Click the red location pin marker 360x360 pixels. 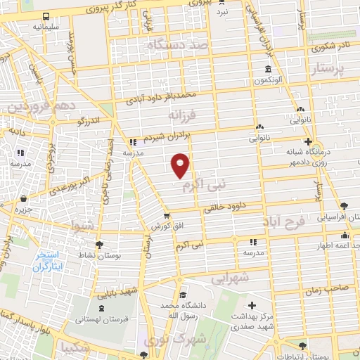point(181,165)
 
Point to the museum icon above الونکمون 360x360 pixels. point(268,69)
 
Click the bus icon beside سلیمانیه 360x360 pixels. point(46,16)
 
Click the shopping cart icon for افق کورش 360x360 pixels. point(166,216)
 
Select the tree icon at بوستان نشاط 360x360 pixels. point(99,245)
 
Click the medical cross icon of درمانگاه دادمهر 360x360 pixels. point(308,141)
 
